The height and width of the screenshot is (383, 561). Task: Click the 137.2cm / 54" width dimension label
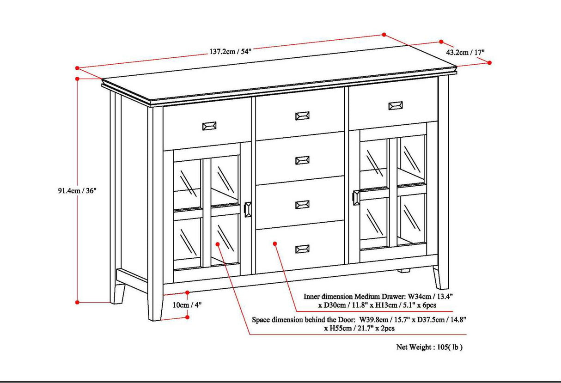pos(230,51)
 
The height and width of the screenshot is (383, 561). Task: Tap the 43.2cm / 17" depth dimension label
pos(464,53)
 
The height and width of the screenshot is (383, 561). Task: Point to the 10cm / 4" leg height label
pos(187,304)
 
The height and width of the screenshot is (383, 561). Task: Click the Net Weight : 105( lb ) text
pos(429,347)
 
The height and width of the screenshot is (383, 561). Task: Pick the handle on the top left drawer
pos(209,126)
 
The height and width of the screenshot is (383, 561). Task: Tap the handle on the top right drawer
pos(396,105)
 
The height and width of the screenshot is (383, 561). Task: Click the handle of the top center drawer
pos(302,116)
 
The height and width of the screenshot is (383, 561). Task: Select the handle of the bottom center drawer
pos(303,249)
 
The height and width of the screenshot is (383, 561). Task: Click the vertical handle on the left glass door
pos(248,209)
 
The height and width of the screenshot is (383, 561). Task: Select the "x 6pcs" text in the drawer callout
pos(426,305)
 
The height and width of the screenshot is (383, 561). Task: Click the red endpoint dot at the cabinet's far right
pos(490,62)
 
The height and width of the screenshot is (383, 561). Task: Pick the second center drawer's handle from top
pos(302,160)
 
